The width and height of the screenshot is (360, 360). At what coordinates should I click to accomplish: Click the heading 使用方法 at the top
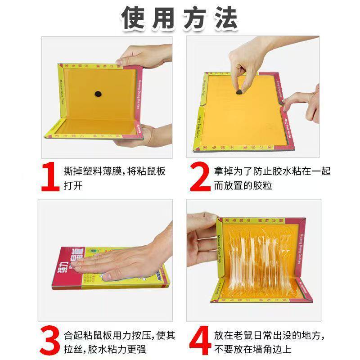(x=180, y=18)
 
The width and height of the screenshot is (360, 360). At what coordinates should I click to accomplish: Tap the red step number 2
(x=199, y=178)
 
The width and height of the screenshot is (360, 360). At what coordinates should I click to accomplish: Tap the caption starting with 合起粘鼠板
(x=119, y=342)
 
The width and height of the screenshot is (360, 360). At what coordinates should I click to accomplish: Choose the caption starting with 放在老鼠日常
(x=270, y=342)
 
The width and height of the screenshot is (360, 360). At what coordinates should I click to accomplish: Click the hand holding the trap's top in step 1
(x=144, y=56)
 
